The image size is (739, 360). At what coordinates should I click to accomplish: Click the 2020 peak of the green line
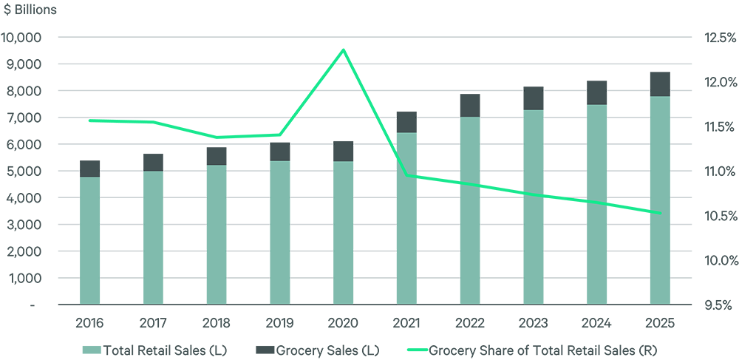pyautogui.click(x=343, y=50)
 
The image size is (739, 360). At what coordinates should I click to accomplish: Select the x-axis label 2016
pyautogui.click(x=89, y=323)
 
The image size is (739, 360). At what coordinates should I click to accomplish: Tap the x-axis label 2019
pyautogui.click(x=279, y=323)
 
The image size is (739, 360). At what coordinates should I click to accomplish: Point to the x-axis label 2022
pyautogui.click(x=470, y=323)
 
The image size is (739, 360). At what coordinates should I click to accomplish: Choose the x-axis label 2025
pyautogui.click(x=660, y=323)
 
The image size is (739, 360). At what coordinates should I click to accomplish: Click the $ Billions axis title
pyautogui.click(x=30, y=10)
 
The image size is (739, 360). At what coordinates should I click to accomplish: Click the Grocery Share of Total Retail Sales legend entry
pyautogui.click(x=532, y=349)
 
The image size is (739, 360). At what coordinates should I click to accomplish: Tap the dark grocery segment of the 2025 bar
pyautogui.click(x=660, y=84)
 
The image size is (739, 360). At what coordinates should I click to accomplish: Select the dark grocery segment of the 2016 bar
pyautogui.click(x=89, y=169)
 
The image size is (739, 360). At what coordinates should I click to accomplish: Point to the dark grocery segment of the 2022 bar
pyautogui.click(x=470, y=105)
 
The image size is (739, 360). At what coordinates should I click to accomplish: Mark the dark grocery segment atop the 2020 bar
pyautogui.click(x=343, y=151)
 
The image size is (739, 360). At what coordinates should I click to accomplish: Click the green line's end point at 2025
pyautogui.click(x=660, y=214)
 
